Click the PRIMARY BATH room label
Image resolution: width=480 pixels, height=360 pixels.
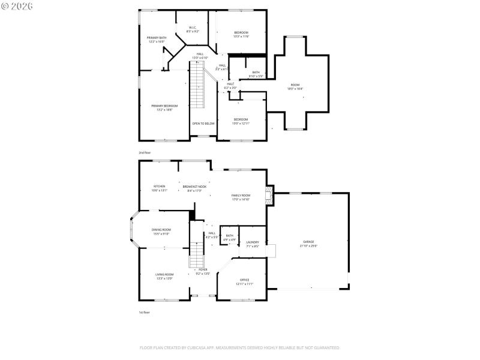[157, 38]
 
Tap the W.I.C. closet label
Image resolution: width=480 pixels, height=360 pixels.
[193, 27]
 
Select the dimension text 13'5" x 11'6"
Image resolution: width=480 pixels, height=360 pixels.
[241, 37]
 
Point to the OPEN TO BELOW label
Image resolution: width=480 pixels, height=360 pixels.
[203, 124]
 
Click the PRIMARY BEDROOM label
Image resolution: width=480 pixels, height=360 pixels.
[164, 106]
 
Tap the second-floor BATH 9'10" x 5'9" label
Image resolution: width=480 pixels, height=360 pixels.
[256, 72]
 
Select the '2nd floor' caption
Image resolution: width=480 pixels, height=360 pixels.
[145, 153]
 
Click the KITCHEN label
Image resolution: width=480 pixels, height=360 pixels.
[159, 186]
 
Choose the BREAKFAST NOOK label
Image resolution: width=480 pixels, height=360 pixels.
[195, 186]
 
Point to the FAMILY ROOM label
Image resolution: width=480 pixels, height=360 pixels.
[241, 196]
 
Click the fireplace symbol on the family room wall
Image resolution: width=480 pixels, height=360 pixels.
[270, 196]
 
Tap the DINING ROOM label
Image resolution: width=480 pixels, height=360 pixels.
[161, 229]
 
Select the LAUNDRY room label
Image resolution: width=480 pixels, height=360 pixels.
[253, 242]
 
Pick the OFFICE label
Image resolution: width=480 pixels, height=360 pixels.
[245, 280]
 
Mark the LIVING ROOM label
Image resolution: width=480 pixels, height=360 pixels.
[164, 274]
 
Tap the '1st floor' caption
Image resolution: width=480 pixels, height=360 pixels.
[145, 313]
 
